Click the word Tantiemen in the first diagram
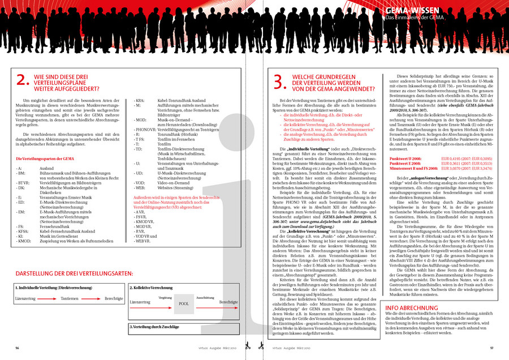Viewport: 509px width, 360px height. [70, 298]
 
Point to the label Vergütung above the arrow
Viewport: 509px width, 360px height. [165, 297]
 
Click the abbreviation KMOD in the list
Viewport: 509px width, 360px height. [24, 241]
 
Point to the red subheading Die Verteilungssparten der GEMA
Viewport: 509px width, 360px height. [53, 158]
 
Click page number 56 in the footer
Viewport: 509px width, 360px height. [18, 348]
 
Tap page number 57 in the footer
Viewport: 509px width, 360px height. [492, 348]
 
